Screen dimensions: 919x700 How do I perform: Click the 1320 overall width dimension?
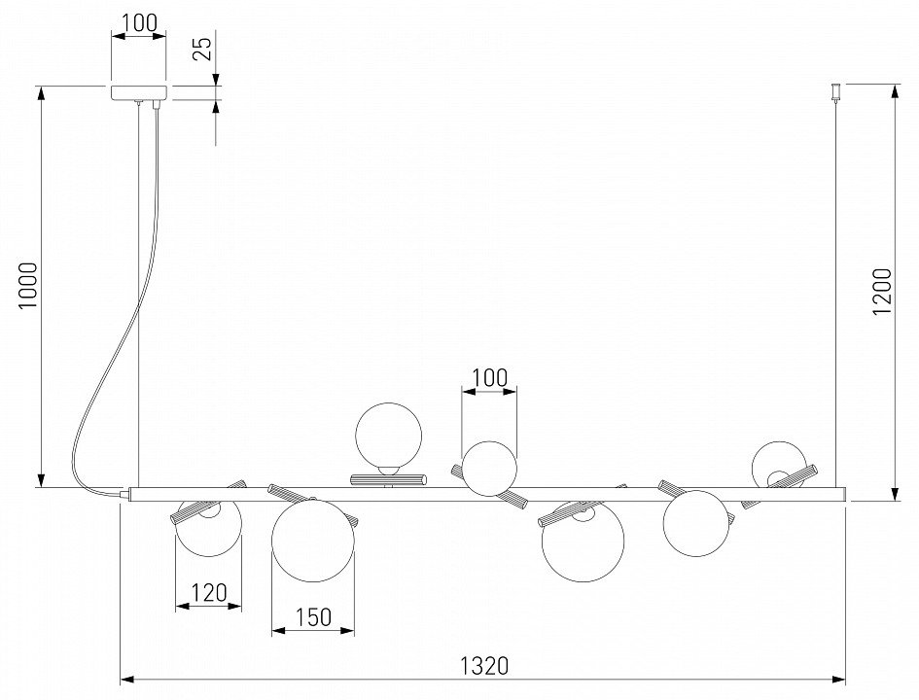tap(484, 666)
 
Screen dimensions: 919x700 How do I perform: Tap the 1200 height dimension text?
tap(882, 291)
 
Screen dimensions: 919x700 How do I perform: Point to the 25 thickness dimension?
tap(202, 49)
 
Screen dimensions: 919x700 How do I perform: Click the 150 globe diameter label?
tap(313, 616)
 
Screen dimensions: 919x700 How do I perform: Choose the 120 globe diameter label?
tap(209, 592)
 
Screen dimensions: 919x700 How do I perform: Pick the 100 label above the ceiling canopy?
tap(139, 22)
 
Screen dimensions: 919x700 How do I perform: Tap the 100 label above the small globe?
tap(489, 378)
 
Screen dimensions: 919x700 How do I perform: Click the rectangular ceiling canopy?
tap(139, 93)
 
